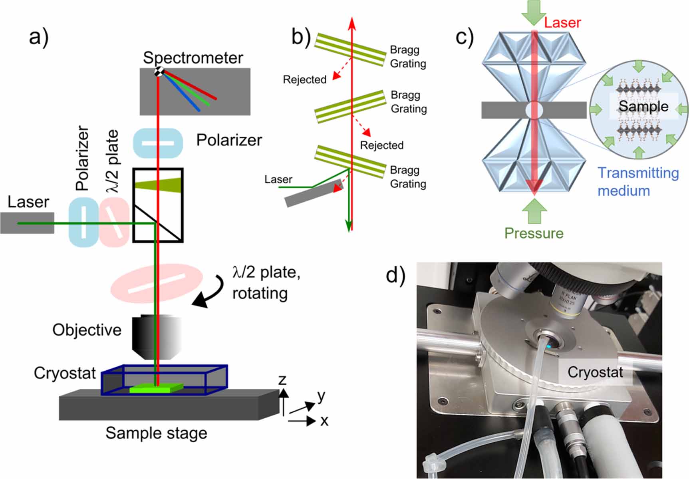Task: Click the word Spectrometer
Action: (193, 58)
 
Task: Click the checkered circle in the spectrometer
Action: (159, 72)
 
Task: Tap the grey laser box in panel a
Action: (27, 223)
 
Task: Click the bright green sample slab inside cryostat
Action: (157, 387)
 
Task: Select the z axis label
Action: (282, 379)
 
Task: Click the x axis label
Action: (324, 421)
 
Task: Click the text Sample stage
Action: (156, 433)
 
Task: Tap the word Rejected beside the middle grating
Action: (381, 145)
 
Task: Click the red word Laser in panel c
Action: (562, 22)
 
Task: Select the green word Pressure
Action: (534, 233)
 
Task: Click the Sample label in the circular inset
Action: (643, 106)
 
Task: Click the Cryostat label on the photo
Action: (595, 372)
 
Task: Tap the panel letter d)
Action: (395, 275)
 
